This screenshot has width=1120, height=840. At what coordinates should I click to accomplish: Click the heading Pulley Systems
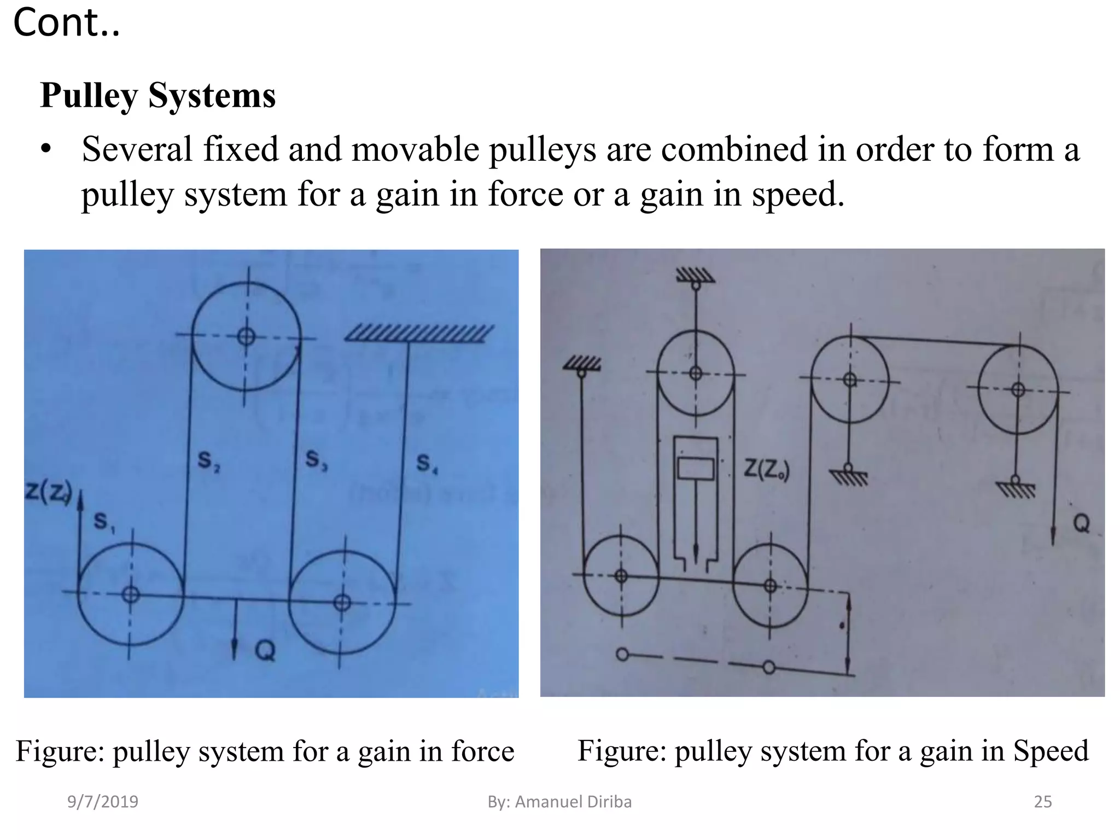click(x=157, y=96)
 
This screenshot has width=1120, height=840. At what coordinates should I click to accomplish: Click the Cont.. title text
click(x=66, y=23)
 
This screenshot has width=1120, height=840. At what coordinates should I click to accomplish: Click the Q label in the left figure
click(x=265, y=651)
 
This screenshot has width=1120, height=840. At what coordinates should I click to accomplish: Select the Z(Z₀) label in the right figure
click(x=766, y=470)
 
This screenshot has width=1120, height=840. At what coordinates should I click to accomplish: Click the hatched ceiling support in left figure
click(x=418, y=333)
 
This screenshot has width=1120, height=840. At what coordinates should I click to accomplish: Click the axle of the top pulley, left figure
click(x=246, y=336)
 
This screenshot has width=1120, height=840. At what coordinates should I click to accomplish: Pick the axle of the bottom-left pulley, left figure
click(x=130, y=594)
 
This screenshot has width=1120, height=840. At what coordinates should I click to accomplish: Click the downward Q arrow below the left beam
click(x=235, y=629)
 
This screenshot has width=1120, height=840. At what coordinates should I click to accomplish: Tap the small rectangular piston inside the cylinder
click(x=696, y=469)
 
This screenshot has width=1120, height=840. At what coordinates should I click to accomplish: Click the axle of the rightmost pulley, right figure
click(x=1018, y=390)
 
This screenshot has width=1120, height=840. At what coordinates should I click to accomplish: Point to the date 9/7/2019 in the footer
click(x=103, y=802)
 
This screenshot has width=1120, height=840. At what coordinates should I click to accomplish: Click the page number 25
click(x=1042, y=802)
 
